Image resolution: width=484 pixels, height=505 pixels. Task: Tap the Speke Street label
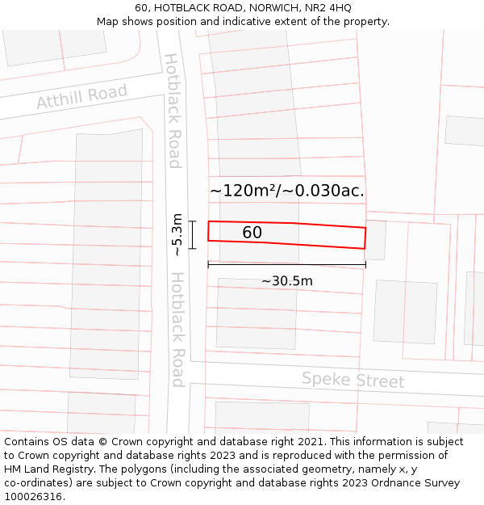353,380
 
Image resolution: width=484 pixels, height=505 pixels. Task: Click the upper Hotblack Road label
172,111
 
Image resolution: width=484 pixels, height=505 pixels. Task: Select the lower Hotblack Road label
177,329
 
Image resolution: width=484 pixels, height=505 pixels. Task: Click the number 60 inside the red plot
252,233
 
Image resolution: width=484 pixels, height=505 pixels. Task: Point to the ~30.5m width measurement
286,281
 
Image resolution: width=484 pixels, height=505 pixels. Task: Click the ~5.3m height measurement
177,235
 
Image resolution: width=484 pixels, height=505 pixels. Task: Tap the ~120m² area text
243,191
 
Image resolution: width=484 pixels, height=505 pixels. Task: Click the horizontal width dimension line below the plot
286,264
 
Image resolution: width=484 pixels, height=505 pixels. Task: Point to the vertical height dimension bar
193,235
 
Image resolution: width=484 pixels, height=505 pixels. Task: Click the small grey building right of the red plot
375,240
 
